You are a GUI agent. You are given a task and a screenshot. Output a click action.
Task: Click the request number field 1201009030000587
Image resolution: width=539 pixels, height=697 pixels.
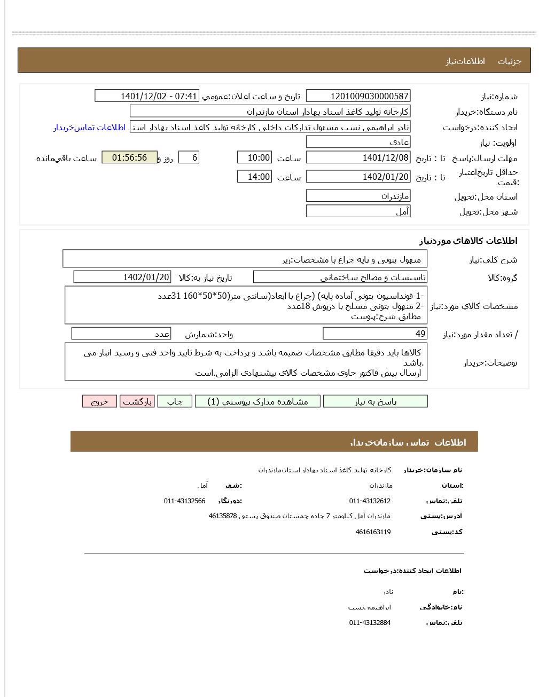(x=358, y=96)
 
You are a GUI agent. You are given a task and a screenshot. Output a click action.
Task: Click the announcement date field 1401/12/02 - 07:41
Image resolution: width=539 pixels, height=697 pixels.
(x=146, y=96)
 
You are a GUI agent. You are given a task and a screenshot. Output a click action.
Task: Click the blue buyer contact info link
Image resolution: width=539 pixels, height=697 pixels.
(x=89, y=127)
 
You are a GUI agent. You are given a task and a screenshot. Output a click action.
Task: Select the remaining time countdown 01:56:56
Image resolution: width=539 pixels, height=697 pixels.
(x=129, y=157)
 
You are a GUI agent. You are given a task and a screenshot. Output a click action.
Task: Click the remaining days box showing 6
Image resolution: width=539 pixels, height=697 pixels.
(x=189, y=157)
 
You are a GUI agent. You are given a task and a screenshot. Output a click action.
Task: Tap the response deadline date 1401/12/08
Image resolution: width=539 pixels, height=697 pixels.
(x=358, y=157)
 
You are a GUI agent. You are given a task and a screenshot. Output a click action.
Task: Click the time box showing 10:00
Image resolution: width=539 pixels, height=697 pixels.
(x=254, y=157)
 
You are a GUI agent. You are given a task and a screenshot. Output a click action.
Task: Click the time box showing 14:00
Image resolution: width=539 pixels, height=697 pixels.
(x=254, y=177)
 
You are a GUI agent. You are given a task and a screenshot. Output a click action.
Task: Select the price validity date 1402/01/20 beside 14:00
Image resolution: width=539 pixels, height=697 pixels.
(x=358, y=177)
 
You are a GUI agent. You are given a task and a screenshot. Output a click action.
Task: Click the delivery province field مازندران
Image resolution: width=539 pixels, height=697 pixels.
(x=358, y=196)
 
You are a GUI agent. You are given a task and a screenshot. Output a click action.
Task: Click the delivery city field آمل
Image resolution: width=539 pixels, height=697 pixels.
(x=358, y=211)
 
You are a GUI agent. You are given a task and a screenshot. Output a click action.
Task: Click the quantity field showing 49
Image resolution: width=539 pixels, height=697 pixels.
(x=375, y=334)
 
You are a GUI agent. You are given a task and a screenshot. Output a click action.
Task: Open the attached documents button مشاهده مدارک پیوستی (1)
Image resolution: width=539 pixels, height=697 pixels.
(x=257, y=401)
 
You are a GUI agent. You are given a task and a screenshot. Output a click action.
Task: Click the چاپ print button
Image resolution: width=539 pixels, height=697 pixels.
(x=175, y=401)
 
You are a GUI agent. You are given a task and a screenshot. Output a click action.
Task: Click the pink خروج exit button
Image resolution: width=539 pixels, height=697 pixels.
(x=99, y=401)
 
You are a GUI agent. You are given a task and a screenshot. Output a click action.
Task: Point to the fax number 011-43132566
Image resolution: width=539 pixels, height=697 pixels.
(x=184, y=501)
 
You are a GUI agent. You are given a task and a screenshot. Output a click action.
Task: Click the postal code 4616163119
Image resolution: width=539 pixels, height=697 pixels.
(x=373, y=532)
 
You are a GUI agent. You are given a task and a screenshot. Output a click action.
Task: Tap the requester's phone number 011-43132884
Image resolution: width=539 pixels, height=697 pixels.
(x=370, y=623)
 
